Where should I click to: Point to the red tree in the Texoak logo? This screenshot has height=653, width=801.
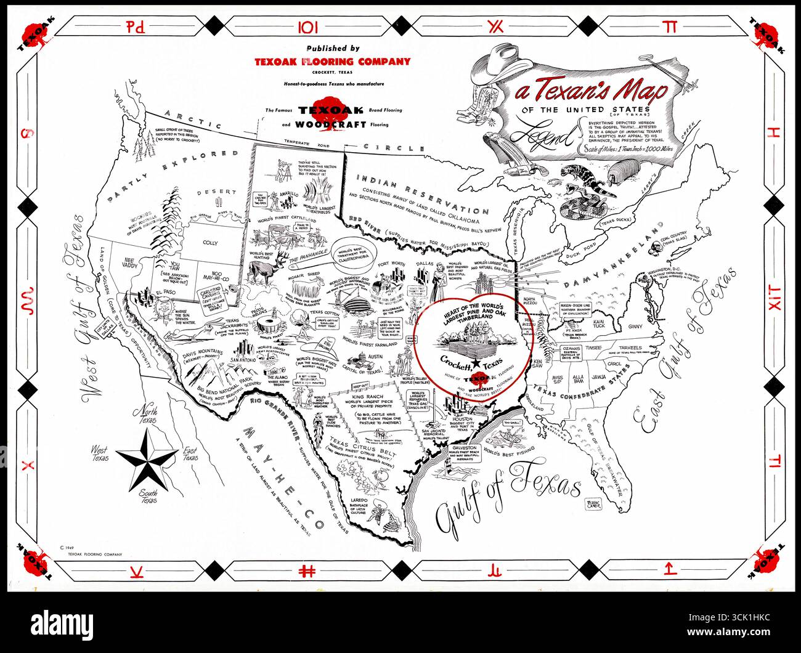coord(325,109)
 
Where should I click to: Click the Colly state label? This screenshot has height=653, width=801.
coord(210,243)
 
